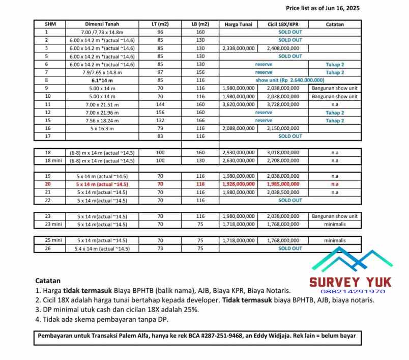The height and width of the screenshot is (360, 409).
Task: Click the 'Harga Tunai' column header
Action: click(238, 24)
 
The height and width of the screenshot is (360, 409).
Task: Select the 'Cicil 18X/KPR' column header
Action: click(283, 24)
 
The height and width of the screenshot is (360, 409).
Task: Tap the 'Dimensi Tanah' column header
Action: click(102, 24)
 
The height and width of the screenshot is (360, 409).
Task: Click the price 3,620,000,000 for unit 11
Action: click(238, 104)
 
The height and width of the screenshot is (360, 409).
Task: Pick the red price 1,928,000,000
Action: click(238, 184)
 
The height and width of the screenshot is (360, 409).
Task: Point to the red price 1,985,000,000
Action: click(283, 184)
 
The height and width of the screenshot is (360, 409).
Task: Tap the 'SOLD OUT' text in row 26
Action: click(290, 248)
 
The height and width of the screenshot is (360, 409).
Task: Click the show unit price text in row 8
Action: click(290, 80)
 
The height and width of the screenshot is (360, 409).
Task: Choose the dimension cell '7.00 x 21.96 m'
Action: click(102, 113)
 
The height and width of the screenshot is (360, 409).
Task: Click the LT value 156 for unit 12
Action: click(160, 113)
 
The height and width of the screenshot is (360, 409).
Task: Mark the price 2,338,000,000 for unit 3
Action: click(238, 48)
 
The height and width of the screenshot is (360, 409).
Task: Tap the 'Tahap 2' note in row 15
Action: click(335, 121)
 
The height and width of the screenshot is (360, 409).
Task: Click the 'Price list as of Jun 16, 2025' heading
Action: click(323, 8)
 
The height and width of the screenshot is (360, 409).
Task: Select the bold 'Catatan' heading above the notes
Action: click(48, 281)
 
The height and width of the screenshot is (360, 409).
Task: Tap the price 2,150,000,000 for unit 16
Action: click(283, 128)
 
